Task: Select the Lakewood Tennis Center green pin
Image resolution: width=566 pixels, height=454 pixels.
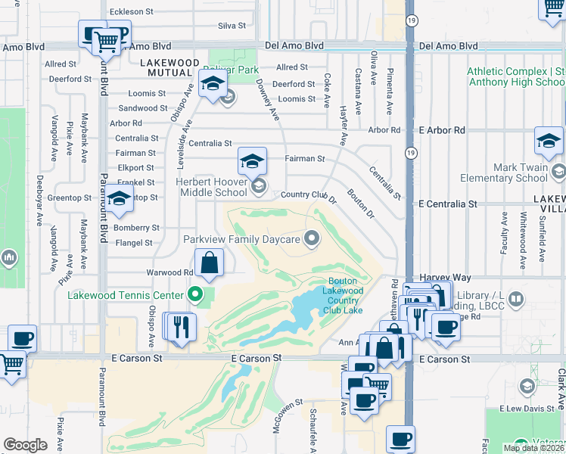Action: pos(195,295)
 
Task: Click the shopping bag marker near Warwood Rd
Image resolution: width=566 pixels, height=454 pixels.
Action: pos(210,264)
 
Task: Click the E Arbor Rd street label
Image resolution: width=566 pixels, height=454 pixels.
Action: pos(443,130)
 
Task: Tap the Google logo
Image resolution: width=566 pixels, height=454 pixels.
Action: pos(25,444)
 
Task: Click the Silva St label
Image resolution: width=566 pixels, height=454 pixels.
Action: pos(232,25)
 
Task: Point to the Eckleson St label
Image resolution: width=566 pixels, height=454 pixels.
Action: pos(131,12)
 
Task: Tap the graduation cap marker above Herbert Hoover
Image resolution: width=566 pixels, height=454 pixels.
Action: pos(252,160)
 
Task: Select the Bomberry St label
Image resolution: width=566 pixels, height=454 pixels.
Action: pos(136,227)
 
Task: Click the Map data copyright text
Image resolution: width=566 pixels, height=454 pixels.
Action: pos(533,448)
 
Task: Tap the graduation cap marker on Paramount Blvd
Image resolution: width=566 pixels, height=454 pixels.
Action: pos(120,198)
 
